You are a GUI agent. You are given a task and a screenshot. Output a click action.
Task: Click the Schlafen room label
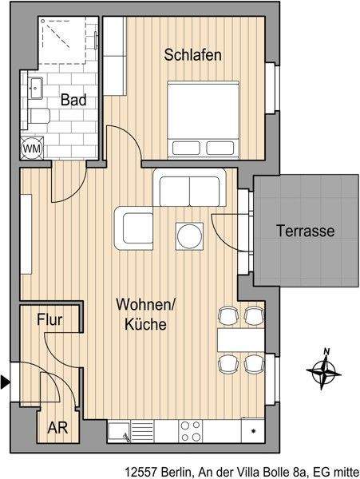coord(192,55)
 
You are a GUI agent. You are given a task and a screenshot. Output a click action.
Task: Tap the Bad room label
coord(73,101)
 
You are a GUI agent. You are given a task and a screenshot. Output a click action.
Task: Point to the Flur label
coord(50,321)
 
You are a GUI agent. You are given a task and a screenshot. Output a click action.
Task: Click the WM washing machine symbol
coord(33,148)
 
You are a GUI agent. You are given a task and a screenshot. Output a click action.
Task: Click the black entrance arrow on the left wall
coord(6,382)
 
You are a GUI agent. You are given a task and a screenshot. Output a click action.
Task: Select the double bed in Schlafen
coord(203,118)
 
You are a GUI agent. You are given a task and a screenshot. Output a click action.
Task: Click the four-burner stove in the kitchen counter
coord(190,431)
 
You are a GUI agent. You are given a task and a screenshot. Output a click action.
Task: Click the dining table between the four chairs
coord(241,340)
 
